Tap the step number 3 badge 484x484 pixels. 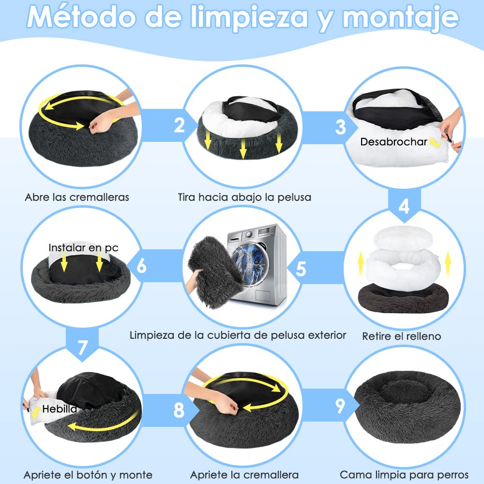point(340,127)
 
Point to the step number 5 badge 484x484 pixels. point(301,268)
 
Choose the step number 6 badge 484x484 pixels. point(142,266)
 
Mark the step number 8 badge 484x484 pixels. point(179,410)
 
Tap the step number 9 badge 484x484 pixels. point(340,406)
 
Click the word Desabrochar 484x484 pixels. point(393,142)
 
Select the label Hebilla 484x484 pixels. point(60,409)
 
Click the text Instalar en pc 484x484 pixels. point(83,247)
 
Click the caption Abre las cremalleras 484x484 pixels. point(77,197)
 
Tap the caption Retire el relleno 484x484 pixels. point(402,336)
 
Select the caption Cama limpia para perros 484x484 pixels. point(405,474)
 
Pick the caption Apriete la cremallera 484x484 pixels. point(244,474)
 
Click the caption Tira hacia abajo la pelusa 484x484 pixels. point(244,197)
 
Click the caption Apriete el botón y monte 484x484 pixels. point(88,474)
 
